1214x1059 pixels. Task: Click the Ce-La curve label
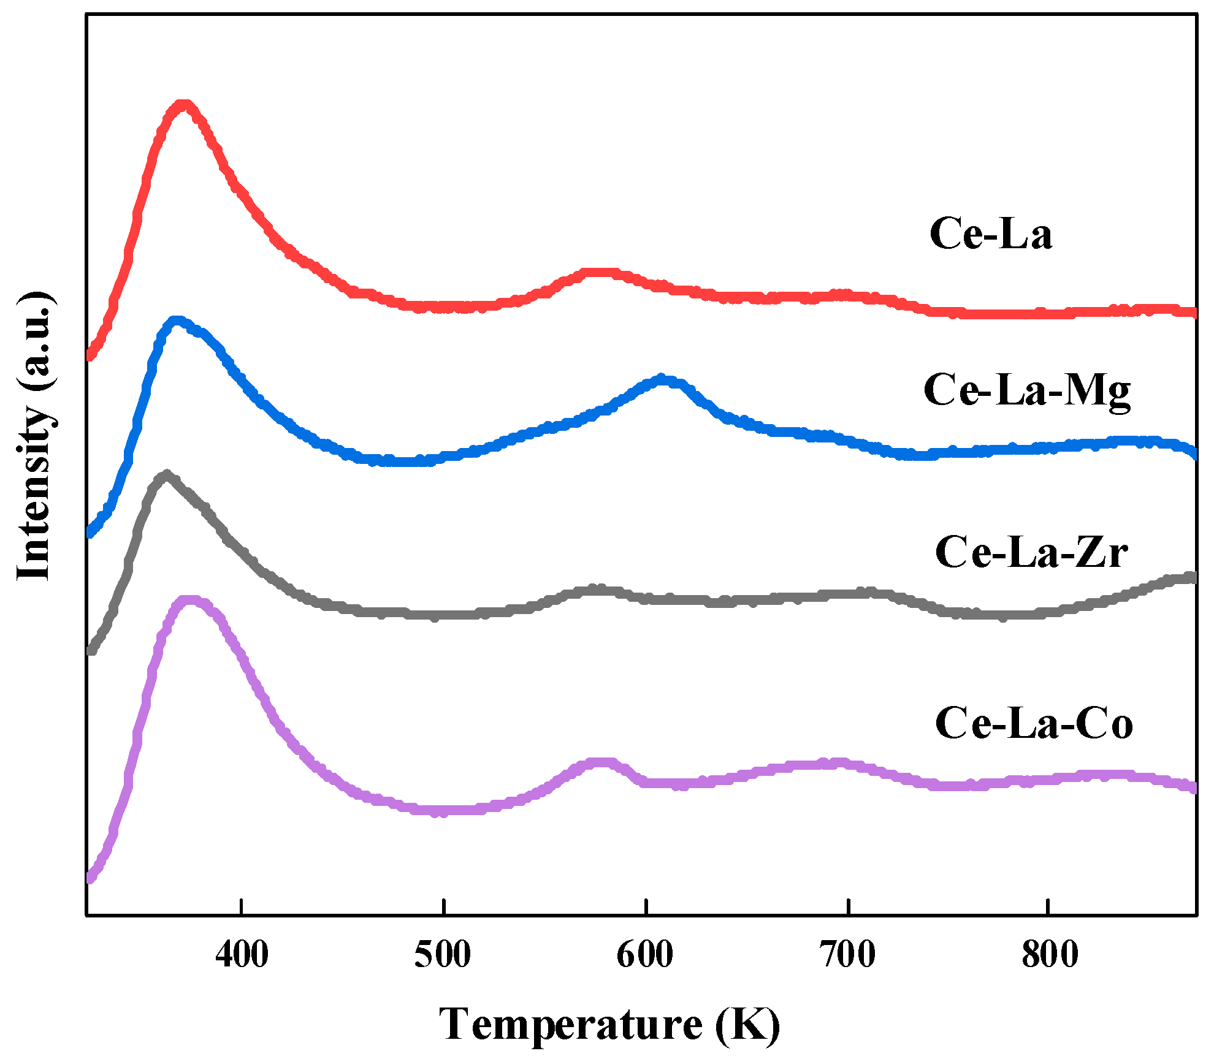991,234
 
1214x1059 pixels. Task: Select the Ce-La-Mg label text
1027,391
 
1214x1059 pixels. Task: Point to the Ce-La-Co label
1034,723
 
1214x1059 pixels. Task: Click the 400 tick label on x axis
242,955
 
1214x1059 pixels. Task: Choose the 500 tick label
443,955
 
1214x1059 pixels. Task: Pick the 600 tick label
645,955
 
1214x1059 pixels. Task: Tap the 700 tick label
847,955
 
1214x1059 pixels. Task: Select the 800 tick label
1050,955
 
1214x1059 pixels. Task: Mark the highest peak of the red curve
183,105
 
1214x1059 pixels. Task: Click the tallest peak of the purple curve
191,600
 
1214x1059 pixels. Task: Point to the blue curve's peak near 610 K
662,379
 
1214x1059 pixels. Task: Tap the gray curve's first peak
166,476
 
